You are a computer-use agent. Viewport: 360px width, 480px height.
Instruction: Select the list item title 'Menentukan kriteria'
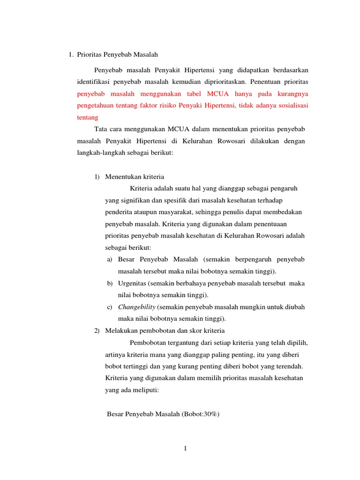[135, 177]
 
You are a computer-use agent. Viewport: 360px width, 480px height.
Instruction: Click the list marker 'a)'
[110, 259]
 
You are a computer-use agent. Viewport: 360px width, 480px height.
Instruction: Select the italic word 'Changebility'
[137, 307]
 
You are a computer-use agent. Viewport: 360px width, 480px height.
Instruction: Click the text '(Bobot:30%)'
[199, 414]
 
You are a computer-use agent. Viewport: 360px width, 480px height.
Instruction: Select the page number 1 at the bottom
[186, 449]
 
